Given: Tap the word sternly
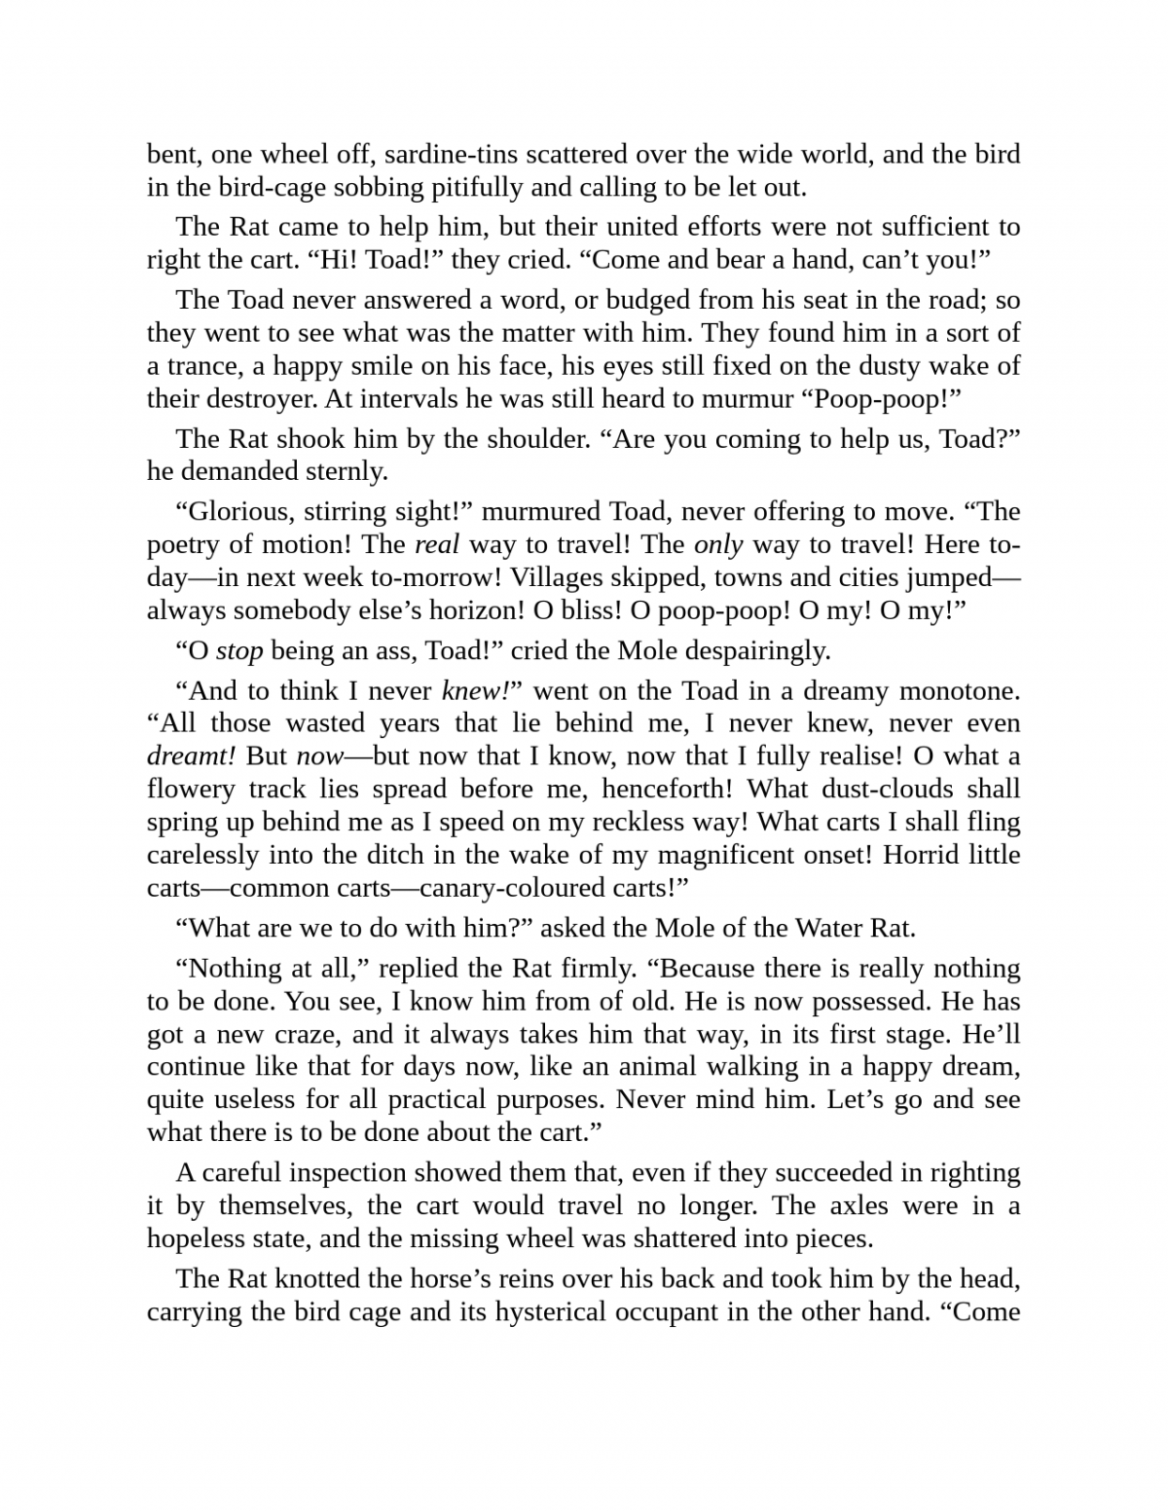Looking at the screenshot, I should [x=347, y=471].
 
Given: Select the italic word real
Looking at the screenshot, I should [x=436, y=544].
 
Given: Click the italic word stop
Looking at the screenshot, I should [x=239, y=650].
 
